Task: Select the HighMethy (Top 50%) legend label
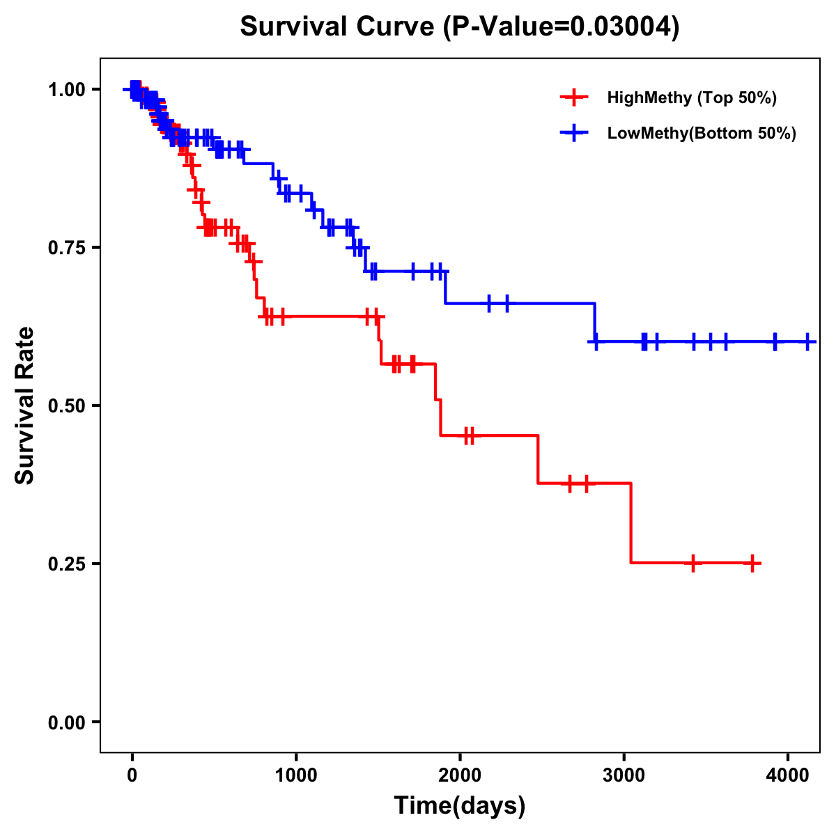coord(692,98)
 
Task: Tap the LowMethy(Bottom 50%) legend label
coord(702,133)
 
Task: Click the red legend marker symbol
coord(573,98)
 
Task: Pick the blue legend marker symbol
coord(573,133)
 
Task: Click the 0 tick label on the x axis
coord(132,775)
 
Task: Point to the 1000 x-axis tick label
coord(296,775)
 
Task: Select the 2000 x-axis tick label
coord(460,775)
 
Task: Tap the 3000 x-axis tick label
coord(624,775)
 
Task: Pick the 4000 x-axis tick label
coord(788,775)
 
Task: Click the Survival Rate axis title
coord(25,405)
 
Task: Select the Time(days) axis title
coord(460,806)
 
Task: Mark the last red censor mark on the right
coord(752,563)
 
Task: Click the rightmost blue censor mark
coord(807,341)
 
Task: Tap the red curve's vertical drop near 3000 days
coord(630,522)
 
